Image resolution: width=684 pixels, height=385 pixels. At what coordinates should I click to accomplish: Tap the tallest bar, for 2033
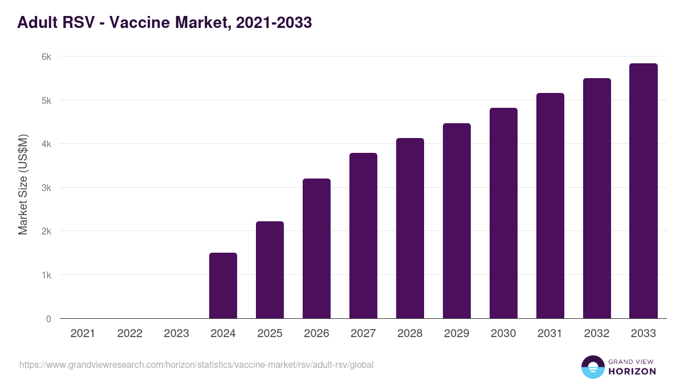(x=644, y=191)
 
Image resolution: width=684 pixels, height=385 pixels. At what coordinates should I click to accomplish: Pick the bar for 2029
(x=457, y=221)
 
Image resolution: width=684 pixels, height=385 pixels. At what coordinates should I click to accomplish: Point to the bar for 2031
(x=550, y=205)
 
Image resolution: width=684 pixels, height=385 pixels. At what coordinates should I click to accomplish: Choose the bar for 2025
(x=270, y=270)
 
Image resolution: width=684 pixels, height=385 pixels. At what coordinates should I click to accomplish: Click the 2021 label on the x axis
(x=83, y=334)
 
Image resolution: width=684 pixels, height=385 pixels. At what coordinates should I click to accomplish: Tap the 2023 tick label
(x=176, y=334)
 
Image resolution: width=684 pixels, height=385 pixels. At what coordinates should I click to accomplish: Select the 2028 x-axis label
(x=410, y=334)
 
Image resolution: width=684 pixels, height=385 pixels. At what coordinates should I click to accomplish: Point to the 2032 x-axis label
(x=597, y=334)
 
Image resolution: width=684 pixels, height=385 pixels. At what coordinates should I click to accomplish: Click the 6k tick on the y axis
(x=46, y=56)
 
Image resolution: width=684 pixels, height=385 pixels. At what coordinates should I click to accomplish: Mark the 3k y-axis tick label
(x=46, y=188)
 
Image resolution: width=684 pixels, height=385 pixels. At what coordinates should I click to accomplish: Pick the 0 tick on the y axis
(x=48, y=319)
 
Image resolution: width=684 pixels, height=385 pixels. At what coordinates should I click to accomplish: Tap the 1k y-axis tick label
(x=46, y=275)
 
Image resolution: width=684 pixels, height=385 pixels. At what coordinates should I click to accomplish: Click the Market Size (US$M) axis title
(x=23, y=185)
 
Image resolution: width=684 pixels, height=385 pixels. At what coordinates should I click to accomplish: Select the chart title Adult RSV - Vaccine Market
(x=164, y=23)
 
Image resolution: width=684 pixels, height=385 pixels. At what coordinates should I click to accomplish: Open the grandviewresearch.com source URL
(x=196, y=364)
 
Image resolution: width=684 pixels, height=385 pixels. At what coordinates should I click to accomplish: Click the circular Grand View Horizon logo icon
(x=592, y=367)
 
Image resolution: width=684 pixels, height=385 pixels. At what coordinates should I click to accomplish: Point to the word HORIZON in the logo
(x=632, y=371)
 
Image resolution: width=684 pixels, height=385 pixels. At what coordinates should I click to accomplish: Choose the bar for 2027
(x=363, y=236)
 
